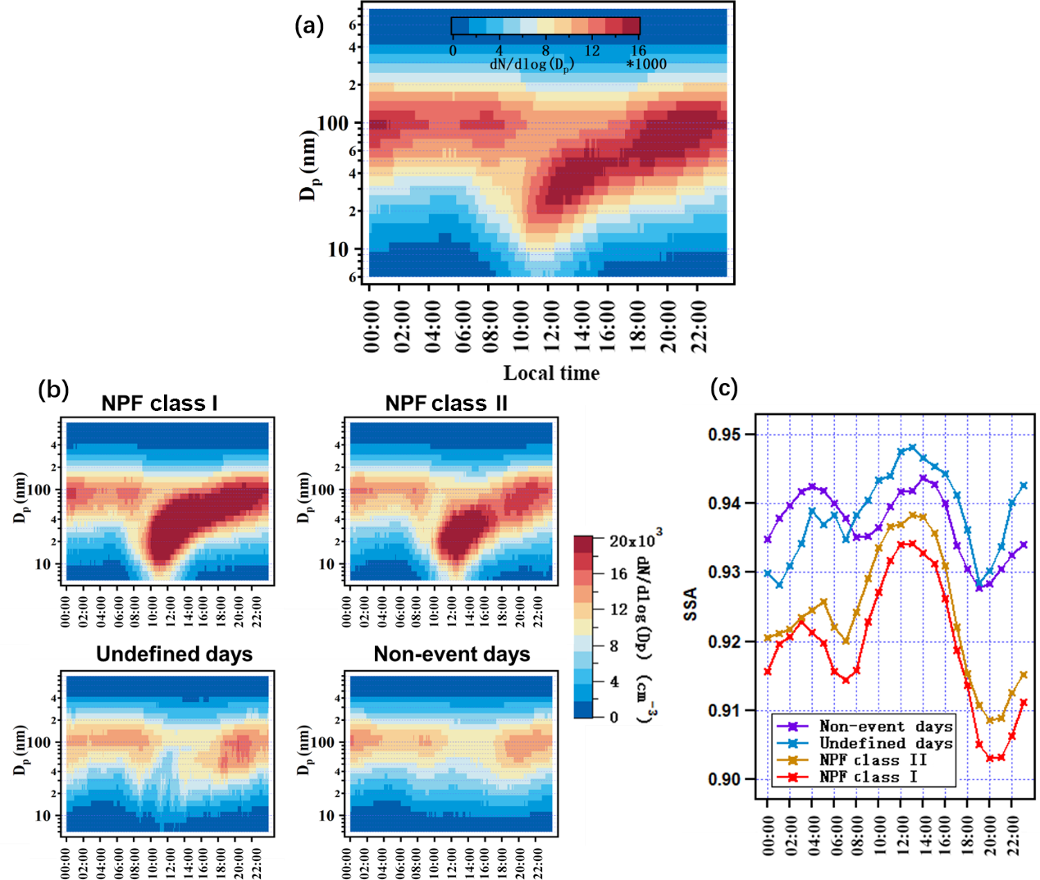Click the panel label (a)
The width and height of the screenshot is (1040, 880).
click(x=308, y=25)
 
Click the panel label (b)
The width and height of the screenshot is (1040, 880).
click(x=53, y=389)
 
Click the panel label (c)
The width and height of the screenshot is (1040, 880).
click(x=724, y=387)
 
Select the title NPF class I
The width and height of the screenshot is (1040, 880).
click(x=159, y=404)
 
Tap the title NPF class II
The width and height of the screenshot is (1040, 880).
click(x=446, y=404)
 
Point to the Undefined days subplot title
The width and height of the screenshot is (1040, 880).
click(x=174, y=654)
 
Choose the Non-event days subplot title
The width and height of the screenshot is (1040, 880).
click(x=452, y=654)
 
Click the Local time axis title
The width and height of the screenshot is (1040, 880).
click(x=551, y=373)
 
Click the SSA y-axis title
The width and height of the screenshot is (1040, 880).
click(x=691, y=604)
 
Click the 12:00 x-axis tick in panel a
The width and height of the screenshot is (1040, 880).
click(x=550, y=326)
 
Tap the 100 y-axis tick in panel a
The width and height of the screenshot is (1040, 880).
click(x=333, y=124)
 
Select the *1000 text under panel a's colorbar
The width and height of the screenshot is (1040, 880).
click(x=646, y=64)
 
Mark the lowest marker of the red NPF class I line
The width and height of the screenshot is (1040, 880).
click(x=990, y=759)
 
